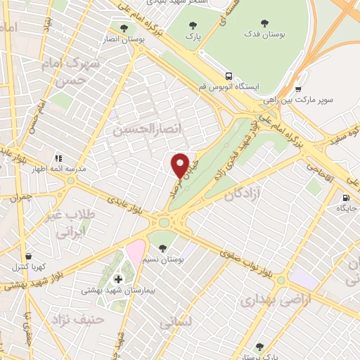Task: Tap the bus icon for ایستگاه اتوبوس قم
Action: click(229, 76)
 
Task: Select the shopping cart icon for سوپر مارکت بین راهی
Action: click(299, 89)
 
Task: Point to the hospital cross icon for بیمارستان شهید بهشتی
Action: click(118, 279)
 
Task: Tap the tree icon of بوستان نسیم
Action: click(163, 247)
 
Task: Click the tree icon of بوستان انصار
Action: click(124, 28)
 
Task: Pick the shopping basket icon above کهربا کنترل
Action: click(27, 257)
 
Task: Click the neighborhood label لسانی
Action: click(176, 323)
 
